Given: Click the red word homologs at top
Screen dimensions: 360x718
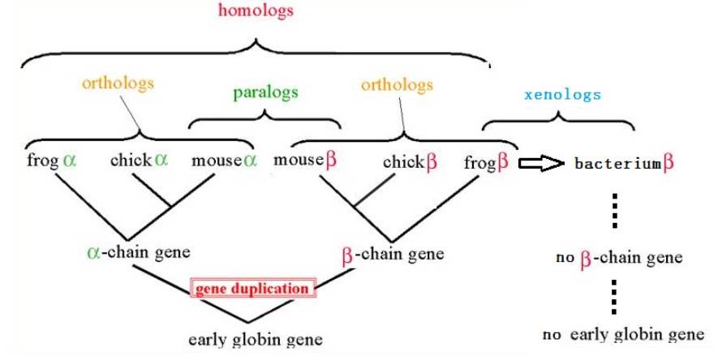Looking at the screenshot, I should (256, 11).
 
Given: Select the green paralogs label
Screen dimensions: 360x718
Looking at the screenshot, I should (265, 92).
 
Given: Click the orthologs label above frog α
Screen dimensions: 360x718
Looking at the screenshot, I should (118, 83).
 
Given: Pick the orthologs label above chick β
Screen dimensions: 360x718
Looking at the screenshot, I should (397, 84).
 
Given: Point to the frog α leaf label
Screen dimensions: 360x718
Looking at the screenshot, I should (51, 161).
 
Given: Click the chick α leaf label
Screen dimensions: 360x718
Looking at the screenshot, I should (140, 161).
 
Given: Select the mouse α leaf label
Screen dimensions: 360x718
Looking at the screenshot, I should (224, 161).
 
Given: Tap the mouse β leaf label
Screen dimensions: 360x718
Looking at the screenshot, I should (304, 161).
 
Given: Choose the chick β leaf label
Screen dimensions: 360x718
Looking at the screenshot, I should (410, 161).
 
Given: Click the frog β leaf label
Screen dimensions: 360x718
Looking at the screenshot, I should (486, 162).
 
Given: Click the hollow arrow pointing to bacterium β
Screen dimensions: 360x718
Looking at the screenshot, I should (541, 164).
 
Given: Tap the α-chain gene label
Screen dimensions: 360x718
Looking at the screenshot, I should (138, 251).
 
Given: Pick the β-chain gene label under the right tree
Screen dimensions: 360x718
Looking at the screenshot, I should (393, 254).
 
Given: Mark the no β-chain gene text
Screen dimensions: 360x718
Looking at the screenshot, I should (619, 259).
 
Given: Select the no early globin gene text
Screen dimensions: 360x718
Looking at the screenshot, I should (623, 334).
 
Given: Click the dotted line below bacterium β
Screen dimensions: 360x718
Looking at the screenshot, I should (616, 211).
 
